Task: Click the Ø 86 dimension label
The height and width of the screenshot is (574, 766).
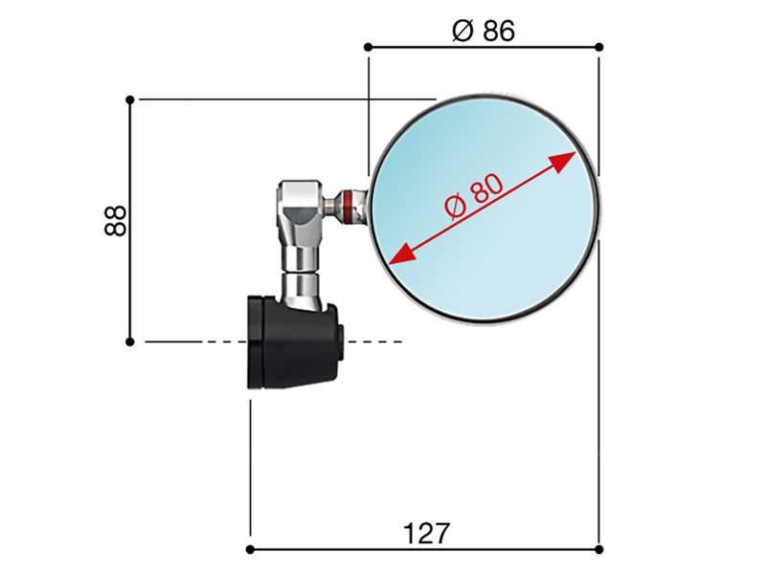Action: (484, 31)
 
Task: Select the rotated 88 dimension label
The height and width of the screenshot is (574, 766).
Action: (115, 221)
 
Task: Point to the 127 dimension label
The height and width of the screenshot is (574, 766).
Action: (426, 533)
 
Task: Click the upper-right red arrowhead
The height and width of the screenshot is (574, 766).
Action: (562, 162)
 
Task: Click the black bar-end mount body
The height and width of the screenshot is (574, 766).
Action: (292, 342)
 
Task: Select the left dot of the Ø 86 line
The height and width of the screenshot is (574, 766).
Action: (369, 47)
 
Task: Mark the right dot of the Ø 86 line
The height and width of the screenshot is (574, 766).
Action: (599, 47)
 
